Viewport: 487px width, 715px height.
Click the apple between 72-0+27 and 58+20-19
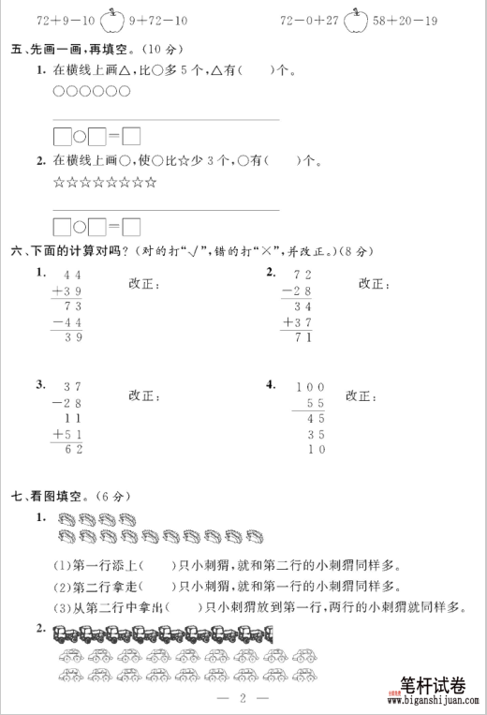tap(355, 18)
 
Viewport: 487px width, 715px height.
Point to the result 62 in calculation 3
tap(71, 449)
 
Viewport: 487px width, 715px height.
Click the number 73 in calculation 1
tap(72, 306)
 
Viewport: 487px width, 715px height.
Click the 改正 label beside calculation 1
tap(143, 284)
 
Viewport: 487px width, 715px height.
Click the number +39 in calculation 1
tap(68, 290)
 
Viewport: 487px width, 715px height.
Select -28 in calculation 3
tap(68, 402)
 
